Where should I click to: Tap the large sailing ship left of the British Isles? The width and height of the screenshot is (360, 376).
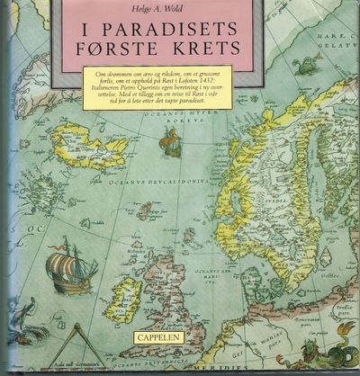point(70,265)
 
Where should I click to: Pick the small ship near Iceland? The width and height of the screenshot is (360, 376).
point(170,141)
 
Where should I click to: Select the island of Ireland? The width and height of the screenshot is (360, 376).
point(123,301)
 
